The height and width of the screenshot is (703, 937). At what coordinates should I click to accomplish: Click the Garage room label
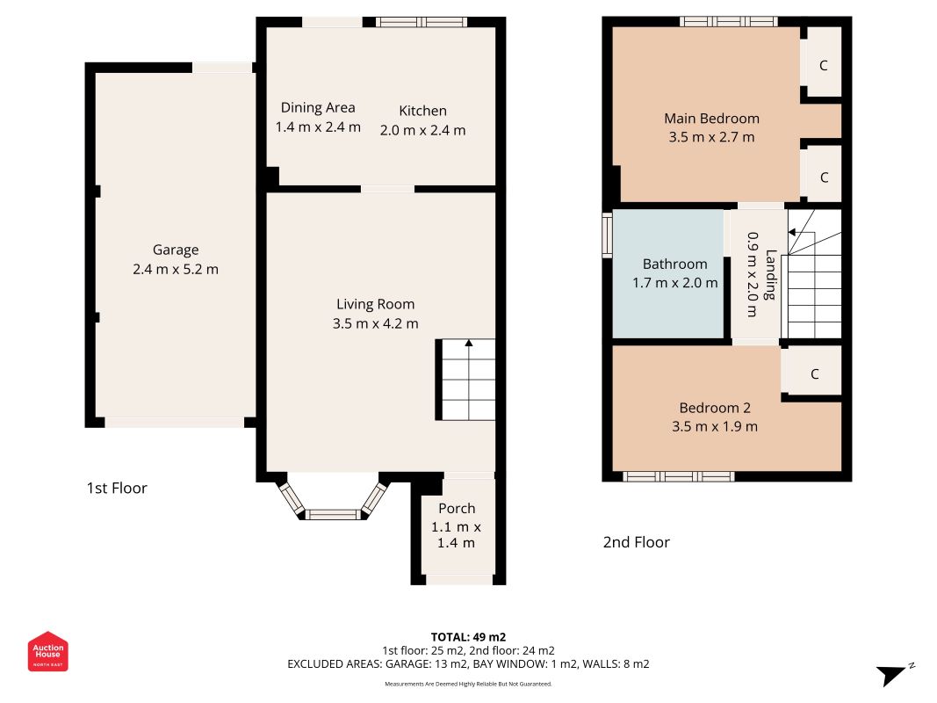[175, 250]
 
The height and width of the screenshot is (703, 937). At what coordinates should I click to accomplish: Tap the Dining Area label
[318, 107]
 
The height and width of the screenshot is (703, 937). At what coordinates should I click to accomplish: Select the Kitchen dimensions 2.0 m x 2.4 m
[422, 130]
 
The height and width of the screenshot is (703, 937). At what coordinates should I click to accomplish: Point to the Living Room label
[375, 304]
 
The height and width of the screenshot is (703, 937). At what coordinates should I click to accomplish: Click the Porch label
[457, 509]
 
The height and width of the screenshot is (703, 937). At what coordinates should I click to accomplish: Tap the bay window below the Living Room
[333, 497]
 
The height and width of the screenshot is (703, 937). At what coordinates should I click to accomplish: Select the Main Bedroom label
[711, 119]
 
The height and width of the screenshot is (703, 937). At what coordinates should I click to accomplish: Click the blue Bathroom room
[668, 274]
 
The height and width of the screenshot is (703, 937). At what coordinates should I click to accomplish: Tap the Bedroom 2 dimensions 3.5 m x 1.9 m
[715, 427]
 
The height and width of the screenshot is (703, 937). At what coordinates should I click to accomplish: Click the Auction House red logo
[47, 651]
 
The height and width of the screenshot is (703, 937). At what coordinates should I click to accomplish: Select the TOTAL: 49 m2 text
[469, 637]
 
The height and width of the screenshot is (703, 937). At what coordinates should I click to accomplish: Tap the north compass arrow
[892, 675]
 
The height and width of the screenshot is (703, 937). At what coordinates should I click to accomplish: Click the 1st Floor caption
[117, 489]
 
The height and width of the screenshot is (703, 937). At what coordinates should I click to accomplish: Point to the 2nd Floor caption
[637, 542]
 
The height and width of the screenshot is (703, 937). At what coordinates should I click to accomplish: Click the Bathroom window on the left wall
[607, 235]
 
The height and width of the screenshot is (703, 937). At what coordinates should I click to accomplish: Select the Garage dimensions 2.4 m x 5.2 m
[176, 270]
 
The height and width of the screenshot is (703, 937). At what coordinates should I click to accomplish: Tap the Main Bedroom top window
[729, 21]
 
